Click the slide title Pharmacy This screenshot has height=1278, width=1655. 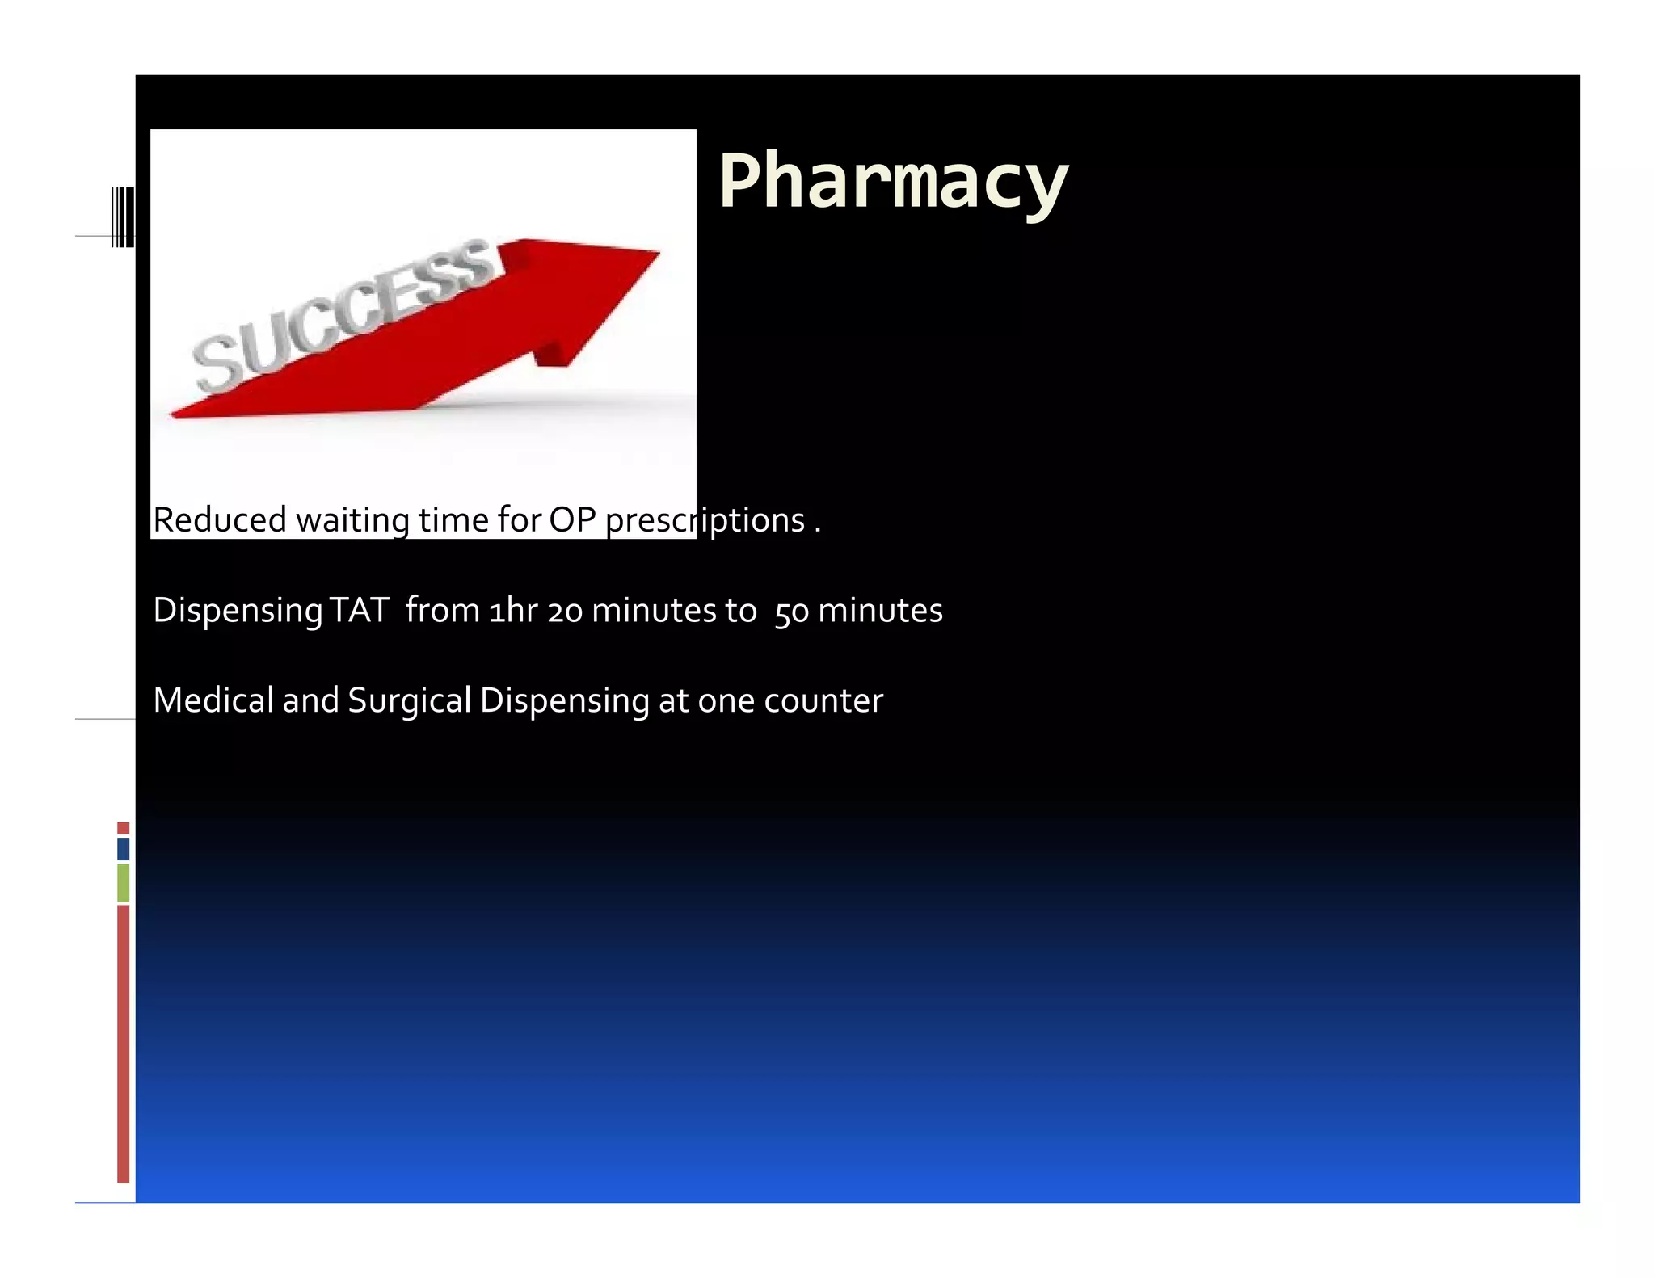pos(893,183)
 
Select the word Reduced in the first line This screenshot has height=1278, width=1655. pos(219,519)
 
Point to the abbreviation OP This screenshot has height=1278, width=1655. pos(572,519)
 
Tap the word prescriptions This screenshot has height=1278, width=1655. pos(705,519)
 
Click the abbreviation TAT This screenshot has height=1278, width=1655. pos(360,610)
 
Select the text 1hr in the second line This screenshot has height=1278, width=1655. pos(513,610)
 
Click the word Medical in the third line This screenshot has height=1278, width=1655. pos(213,700)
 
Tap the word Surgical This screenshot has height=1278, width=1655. pos(409,700)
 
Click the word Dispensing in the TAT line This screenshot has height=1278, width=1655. pos(238,610)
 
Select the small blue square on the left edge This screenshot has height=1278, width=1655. pos(123,848)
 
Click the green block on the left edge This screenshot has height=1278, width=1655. pos(123,882)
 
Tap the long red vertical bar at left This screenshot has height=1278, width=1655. pos(123,1043)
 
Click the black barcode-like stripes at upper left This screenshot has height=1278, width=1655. pos(123,217)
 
